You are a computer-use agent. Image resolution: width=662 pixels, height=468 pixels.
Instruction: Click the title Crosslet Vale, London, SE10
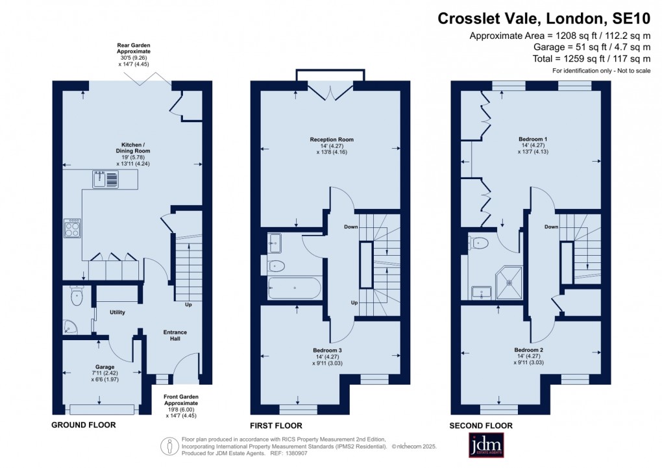pos(544,18)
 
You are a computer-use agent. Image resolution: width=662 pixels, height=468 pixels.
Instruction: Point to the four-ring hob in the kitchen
pos(72,228)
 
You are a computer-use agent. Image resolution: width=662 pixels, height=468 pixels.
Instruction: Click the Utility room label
pos(117,312)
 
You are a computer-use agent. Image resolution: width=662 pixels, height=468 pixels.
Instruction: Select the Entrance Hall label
pos(175,336)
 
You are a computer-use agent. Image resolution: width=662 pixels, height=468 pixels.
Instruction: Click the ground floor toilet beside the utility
pos(77,297)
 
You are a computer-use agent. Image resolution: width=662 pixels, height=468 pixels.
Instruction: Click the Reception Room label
pos(332,140)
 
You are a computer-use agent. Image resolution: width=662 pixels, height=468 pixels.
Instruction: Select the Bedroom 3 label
pos(328,350)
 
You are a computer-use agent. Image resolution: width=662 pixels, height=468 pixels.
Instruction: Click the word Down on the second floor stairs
pos(551,227)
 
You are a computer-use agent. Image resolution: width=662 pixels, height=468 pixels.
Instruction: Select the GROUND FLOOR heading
pos(83,425)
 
